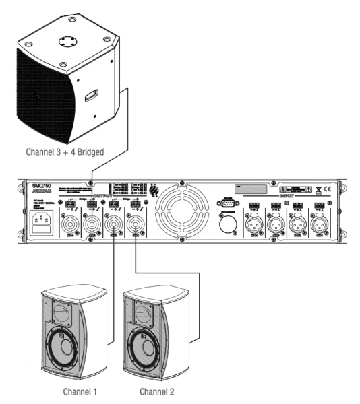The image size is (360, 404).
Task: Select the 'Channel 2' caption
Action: point(156,390)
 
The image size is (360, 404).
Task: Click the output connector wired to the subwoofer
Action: point(90,224)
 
